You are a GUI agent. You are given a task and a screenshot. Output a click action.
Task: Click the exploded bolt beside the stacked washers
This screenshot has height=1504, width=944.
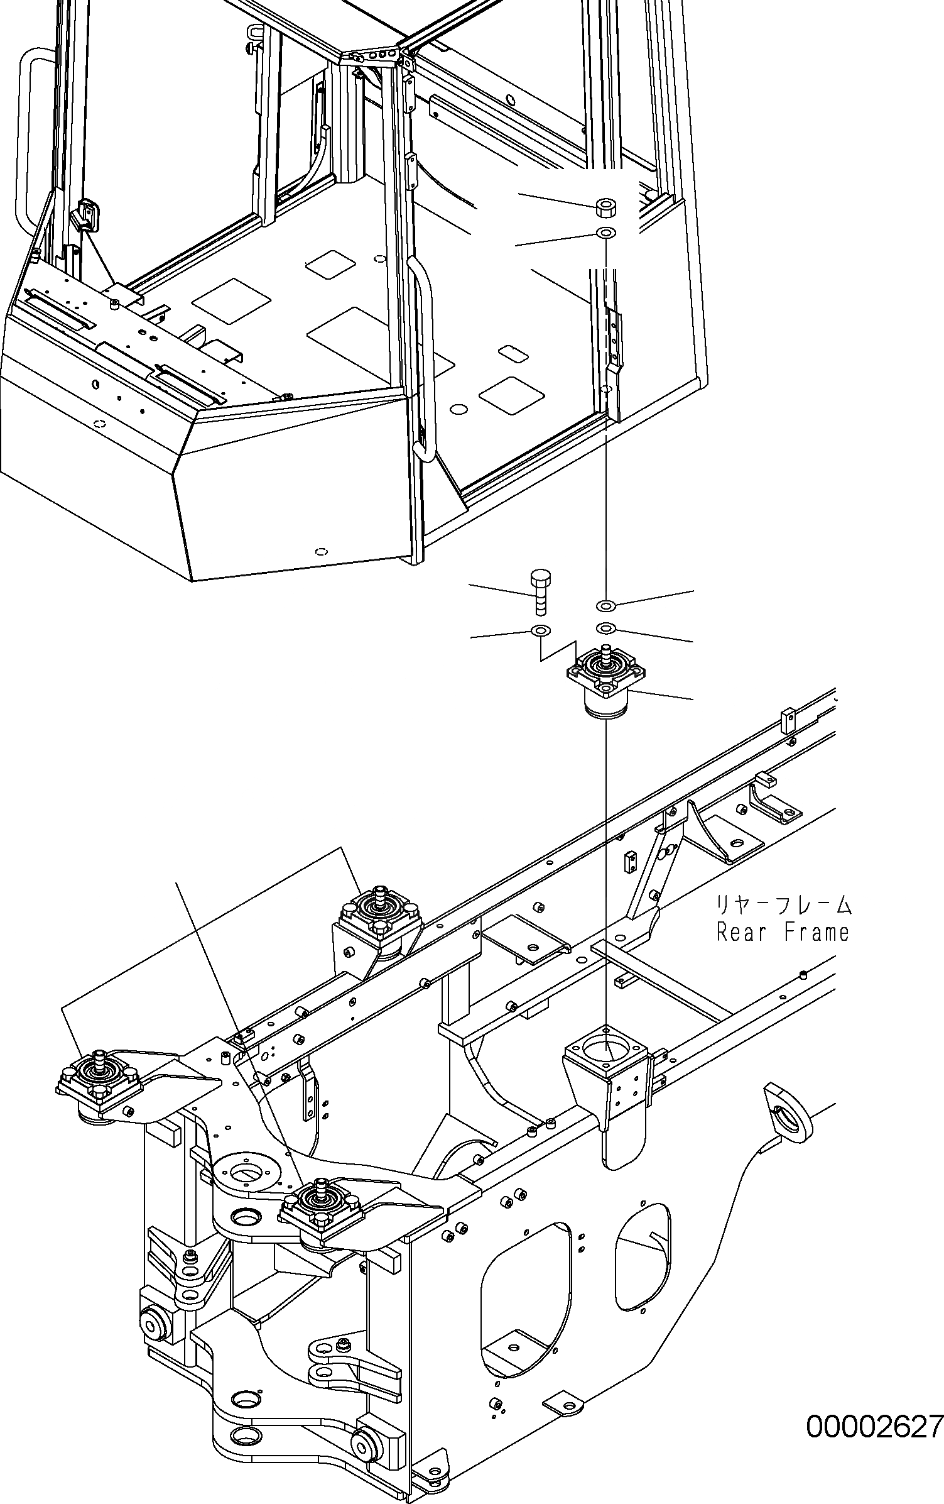coord(540,591)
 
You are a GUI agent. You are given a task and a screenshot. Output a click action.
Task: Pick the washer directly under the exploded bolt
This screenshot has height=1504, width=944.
coord(540,630)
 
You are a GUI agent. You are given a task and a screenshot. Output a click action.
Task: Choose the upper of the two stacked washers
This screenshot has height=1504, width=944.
coord(605,605)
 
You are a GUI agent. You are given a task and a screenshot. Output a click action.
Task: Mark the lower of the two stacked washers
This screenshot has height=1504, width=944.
coord(605,628)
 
